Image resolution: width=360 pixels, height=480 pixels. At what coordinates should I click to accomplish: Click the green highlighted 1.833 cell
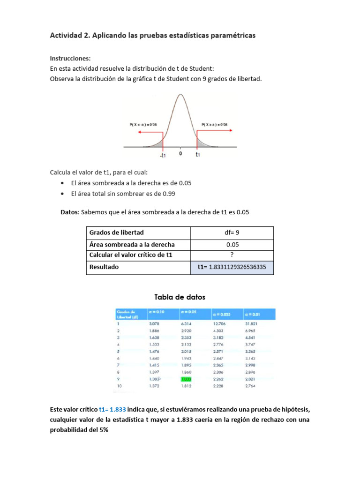187,378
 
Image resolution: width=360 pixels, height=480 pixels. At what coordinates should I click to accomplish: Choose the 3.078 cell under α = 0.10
154,323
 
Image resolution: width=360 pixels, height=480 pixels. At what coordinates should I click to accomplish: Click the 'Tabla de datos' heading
180,297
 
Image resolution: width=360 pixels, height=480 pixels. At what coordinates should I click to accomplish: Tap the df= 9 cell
232,232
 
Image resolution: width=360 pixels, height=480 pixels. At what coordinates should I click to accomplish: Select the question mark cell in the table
232,255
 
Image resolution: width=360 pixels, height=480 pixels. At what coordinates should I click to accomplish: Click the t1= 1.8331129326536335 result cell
232,267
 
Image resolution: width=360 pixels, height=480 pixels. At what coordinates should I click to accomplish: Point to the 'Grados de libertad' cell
117,232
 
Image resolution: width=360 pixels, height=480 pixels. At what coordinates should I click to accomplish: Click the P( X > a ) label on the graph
214,124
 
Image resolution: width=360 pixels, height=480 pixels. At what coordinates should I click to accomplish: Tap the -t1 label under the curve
162,154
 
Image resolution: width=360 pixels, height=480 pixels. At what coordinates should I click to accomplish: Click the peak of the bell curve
180,95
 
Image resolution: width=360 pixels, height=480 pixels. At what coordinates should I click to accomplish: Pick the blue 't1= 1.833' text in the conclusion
112,409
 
